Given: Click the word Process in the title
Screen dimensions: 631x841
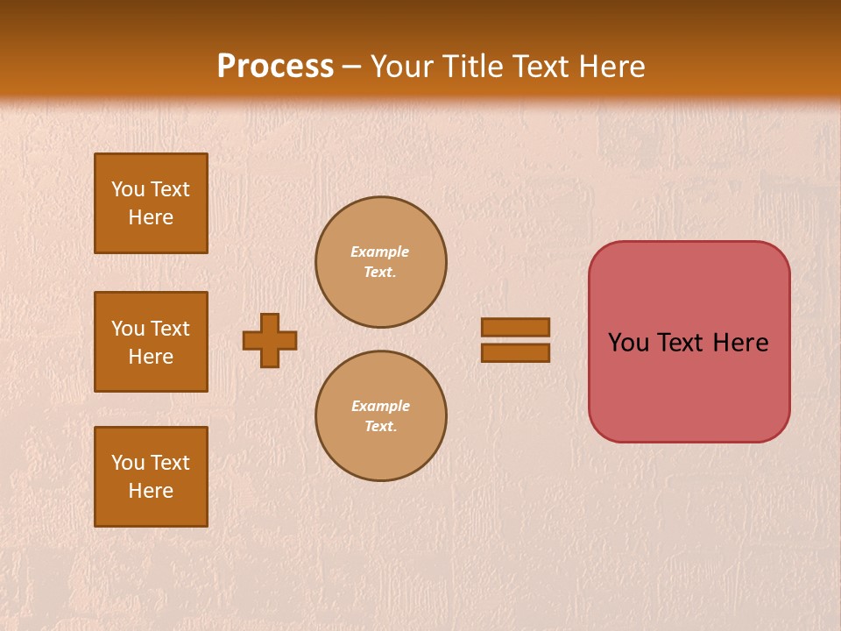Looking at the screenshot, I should [275, 67].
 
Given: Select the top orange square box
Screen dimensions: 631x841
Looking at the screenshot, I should [151, 203].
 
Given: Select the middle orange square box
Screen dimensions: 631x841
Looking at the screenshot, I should [151, 342].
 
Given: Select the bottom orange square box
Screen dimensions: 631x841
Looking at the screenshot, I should [151, 477].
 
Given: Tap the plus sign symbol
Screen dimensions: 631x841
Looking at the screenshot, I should [270, 340].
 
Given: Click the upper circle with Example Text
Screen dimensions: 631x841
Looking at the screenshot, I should [380, 262].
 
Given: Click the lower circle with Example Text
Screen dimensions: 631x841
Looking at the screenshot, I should [380, 416].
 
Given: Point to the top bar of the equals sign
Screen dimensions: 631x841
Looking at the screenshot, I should [516, 327].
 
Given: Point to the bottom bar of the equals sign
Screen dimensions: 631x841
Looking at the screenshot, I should [516, 353].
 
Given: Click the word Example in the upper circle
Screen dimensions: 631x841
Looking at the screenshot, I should [380, 252].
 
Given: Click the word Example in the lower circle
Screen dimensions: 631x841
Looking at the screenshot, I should [380, 407].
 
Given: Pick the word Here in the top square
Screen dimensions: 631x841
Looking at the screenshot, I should [151, 217].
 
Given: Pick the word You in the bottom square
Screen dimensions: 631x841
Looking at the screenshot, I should [128, 463].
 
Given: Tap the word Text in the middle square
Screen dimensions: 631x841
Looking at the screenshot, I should [170, 329].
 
